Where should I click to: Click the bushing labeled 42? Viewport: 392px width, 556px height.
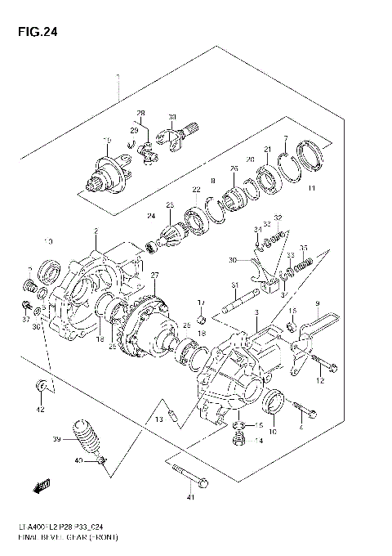coord(38,385)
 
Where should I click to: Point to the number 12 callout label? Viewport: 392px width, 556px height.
coord(321,381)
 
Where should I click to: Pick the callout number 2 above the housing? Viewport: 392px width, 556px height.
coord(96,231)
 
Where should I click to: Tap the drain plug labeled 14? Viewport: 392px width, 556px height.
coord(239,440)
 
